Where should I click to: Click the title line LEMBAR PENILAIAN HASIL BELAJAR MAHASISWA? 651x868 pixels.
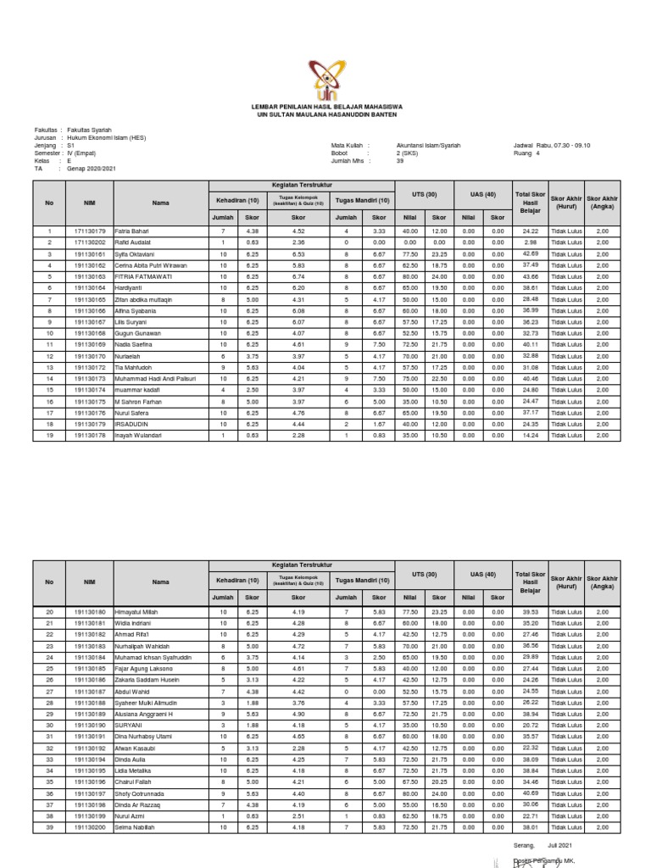click(x=326, y=106)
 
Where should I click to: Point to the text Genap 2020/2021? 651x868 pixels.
click(x=92, y=169)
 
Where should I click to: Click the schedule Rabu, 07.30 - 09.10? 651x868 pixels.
click(x=566, y=145)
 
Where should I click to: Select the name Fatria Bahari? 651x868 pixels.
click(x=133, y=231)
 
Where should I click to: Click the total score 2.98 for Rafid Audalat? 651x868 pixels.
click(x=531, y=242)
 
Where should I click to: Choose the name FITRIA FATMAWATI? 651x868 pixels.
click(x=142, y=276)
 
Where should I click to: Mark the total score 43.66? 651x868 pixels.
click(x=531, y=276)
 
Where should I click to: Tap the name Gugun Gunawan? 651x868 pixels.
click(x=137, y=333)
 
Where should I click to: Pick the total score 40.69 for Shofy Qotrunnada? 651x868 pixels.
click(x=531, y=793)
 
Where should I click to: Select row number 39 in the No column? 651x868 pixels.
click(x=49, y=827)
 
